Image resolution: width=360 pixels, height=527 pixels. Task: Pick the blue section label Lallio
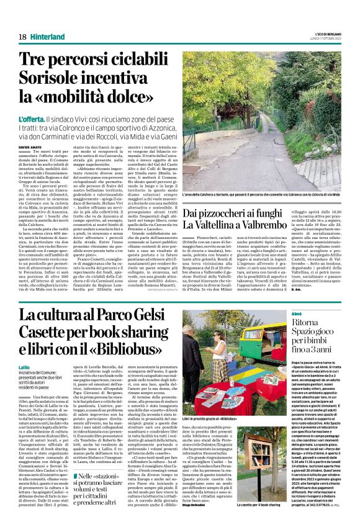pos(25,368)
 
